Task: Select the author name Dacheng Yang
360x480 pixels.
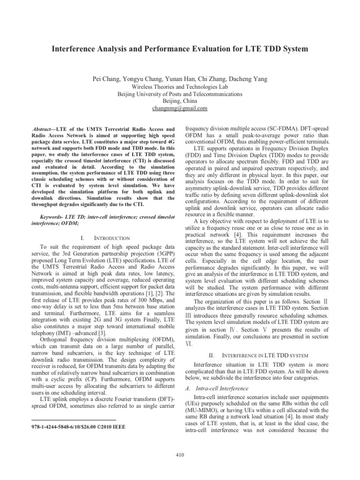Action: [247, 79]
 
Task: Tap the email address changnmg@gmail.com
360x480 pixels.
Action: [180, 108]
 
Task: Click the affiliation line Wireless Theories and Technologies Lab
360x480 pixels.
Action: [180, 87]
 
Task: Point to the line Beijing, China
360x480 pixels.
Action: [180, 101]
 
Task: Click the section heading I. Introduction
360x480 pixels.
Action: [102, 239]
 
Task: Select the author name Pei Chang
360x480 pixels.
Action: [107, 79]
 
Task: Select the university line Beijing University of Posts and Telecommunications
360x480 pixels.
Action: [180, 94]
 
